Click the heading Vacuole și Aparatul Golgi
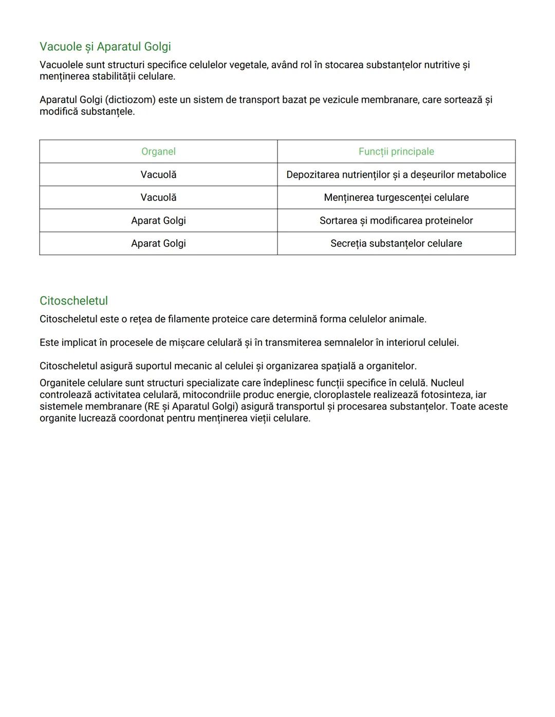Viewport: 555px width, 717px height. point(105,47)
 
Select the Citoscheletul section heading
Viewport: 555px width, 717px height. point(73,301)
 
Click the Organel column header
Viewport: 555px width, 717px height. point(158,151)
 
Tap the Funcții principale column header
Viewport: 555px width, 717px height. point(396,151)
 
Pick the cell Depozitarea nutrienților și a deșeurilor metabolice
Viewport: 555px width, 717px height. point(396,175)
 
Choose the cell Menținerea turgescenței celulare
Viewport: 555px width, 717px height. point(396,198)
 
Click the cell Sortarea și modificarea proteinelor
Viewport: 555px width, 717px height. point(396,221)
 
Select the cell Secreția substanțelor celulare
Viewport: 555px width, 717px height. point(396,243)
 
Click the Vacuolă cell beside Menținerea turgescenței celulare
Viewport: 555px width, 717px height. point(158,198)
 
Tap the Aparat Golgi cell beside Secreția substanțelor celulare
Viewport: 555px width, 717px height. point(158,243)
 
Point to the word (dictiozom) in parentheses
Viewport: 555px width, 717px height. point(130,100)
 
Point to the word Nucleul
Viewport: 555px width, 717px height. point(447,383)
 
